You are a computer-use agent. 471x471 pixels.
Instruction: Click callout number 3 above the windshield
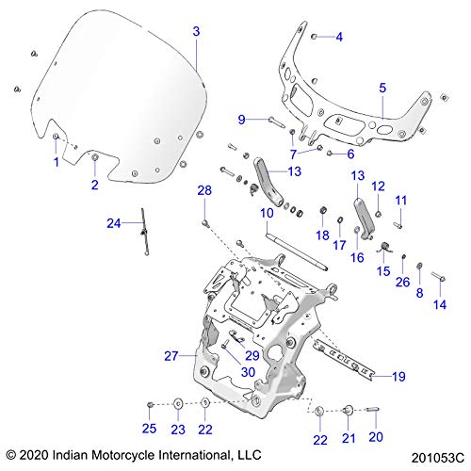(196, 31)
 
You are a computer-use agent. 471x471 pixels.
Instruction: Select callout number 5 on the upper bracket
(382, 88)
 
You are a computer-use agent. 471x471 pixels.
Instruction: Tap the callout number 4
(340, 37)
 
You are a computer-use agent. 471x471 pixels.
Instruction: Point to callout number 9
(241, 119)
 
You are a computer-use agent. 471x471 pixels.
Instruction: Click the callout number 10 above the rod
(268, 214)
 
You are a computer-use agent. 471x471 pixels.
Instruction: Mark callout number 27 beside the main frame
(171, 355)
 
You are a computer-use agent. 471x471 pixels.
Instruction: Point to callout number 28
(203, 191)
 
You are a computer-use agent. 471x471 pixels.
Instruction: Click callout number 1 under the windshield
(56, 161)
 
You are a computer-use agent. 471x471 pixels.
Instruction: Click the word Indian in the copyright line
(95, 454)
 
